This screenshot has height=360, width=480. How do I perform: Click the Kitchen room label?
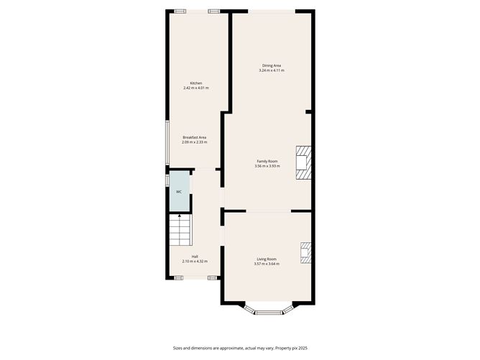(195, 83)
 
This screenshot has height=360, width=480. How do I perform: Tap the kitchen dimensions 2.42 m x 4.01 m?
(195, 88)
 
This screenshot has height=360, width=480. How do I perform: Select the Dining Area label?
(272, 65)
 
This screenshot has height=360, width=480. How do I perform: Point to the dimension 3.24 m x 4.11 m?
(272, 70)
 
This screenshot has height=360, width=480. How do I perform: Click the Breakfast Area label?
(194, 137)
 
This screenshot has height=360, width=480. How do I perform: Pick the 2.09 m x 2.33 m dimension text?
(194, 142)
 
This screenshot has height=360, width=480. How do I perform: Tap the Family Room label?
(267, 161)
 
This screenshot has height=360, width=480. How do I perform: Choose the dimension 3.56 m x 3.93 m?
(267, 166)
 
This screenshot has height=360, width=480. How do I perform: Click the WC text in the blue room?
(179, 192)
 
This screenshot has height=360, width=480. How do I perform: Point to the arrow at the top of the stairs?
(180, 216)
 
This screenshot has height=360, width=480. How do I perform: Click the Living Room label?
(267, 259)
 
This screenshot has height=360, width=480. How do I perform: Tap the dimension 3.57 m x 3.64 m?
(267, 264)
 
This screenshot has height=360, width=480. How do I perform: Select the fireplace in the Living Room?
(306, 254)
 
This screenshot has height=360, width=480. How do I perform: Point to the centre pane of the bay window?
(268, 312)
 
